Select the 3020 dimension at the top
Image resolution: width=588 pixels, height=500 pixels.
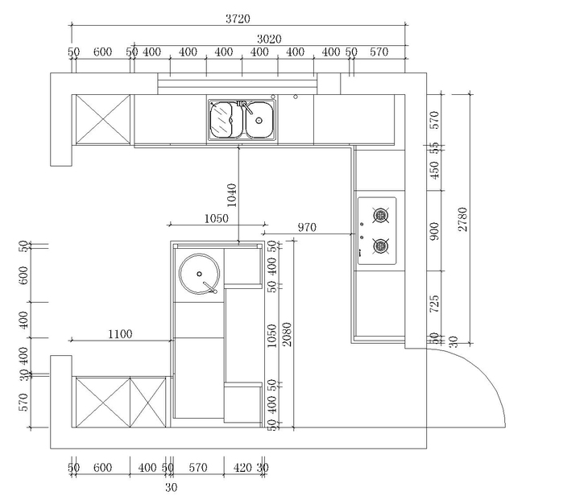[x=271, y=39]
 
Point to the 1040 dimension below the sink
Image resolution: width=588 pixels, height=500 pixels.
[x=233, y=196]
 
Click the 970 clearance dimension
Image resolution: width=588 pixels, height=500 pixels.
[x=307, y=228]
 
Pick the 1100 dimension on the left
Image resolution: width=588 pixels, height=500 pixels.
[x=118, y=333]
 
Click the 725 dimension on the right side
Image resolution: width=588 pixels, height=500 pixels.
[x=435, y=304]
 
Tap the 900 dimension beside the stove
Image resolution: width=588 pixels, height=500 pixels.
[x=435, y=233]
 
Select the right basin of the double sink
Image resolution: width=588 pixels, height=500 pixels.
[x=259, y=121]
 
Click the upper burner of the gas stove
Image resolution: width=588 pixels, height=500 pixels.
[x=381, y=215]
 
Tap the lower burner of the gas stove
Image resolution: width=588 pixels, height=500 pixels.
[x=381, y=245]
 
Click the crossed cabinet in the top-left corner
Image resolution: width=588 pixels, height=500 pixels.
[x=102, y=119]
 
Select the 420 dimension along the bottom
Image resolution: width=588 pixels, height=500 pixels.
[x=242, y=467]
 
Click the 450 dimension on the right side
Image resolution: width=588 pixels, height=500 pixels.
[x=435, y=172]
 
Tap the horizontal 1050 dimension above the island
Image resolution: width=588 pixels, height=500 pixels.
[x=215, y=218]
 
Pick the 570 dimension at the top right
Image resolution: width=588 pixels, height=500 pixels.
[x=379, y=52]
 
